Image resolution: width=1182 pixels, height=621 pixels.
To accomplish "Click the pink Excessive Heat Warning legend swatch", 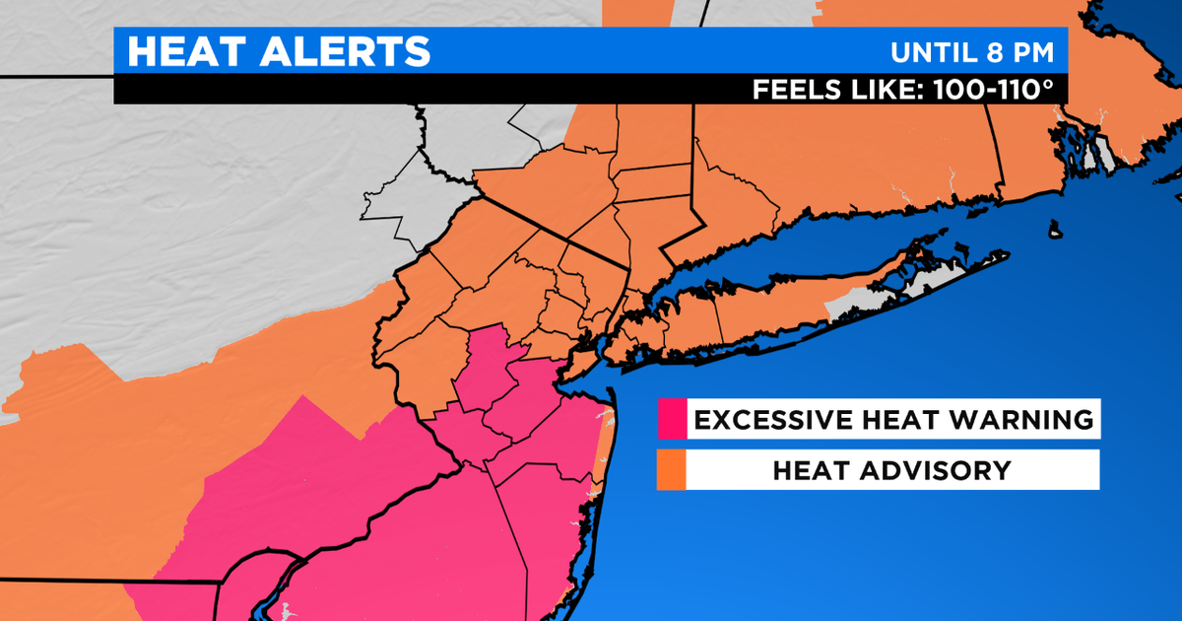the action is [672, 420].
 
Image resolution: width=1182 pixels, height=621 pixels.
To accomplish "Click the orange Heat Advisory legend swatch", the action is [672, 470].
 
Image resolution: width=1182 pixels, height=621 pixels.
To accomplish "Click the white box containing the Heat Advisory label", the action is [891, 470].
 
